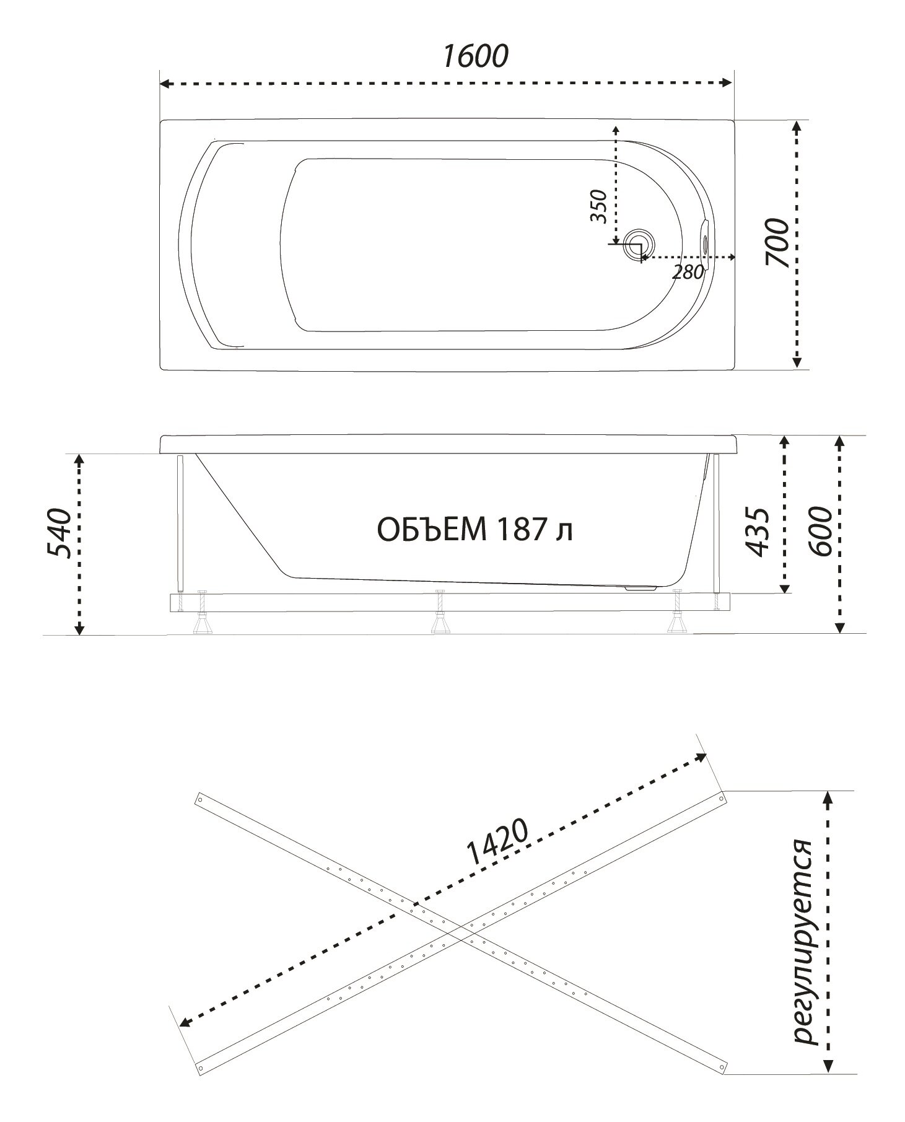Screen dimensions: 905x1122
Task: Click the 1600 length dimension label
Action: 475,56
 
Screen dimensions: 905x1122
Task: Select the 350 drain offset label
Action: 598,206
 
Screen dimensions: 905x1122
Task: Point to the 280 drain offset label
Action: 687,271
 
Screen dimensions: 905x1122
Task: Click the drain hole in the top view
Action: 638,244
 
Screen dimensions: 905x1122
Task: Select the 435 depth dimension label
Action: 758,532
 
